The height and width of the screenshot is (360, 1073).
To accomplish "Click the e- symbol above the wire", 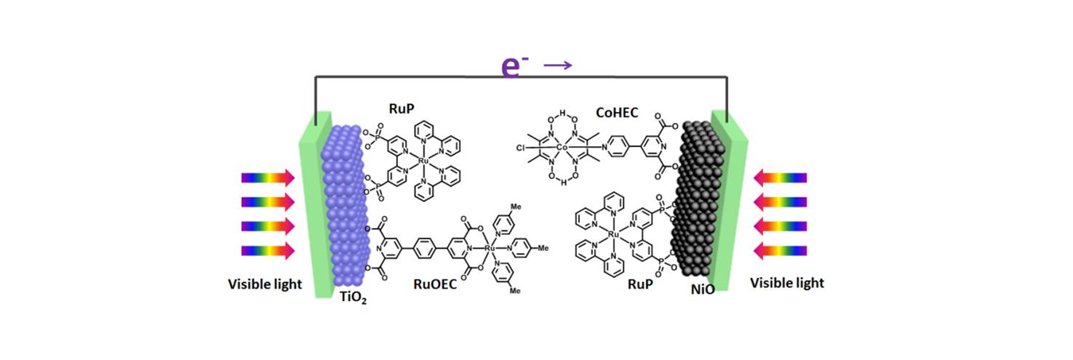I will tap(515, 65).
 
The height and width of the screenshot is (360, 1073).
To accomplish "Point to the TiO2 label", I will tap(353, 297).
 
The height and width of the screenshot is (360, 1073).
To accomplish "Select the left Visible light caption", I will tap(265, 284).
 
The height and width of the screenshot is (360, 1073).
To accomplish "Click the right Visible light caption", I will tap(787, 283).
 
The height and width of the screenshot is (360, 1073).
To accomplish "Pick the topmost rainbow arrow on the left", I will tap(268, 177).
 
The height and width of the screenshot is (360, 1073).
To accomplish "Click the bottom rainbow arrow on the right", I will tap(781, 251).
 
